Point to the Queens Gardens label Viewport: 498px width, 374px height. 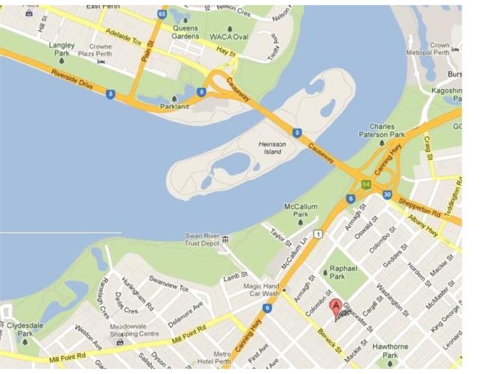click(x=185, y=32)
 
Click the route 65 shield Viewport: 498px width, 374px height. click(x=162, y=14)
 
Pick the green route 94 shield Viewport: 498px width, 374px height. click(x=367, y=184)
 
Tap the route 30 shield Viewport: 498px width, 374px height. click(x=387, y=194)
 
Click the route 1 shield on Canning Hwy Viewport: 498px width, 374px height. click(x=318, y=234)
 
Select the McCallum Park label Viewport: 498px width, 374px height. click(x=301, y=210)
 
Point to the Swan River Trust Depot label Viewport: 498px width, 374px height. click(x=203, y=239)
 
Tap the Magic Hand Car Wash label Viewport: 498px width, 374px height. click(x=260, y=289)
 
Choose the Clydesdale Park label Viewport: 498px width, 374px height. click(x=25, y=329)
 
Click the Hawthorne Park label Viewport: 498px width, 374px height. click(x=390, y=350)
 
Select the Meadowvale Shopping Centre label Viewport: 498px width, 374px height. click(x=127, y=330)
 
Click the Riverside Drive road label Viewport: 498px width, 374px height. click(x=73, y=80)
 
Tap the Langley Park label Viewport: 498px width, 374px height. click(x=62, y=49)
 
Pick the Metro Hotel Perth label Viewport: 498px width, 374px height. click(x=214, y=358)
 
